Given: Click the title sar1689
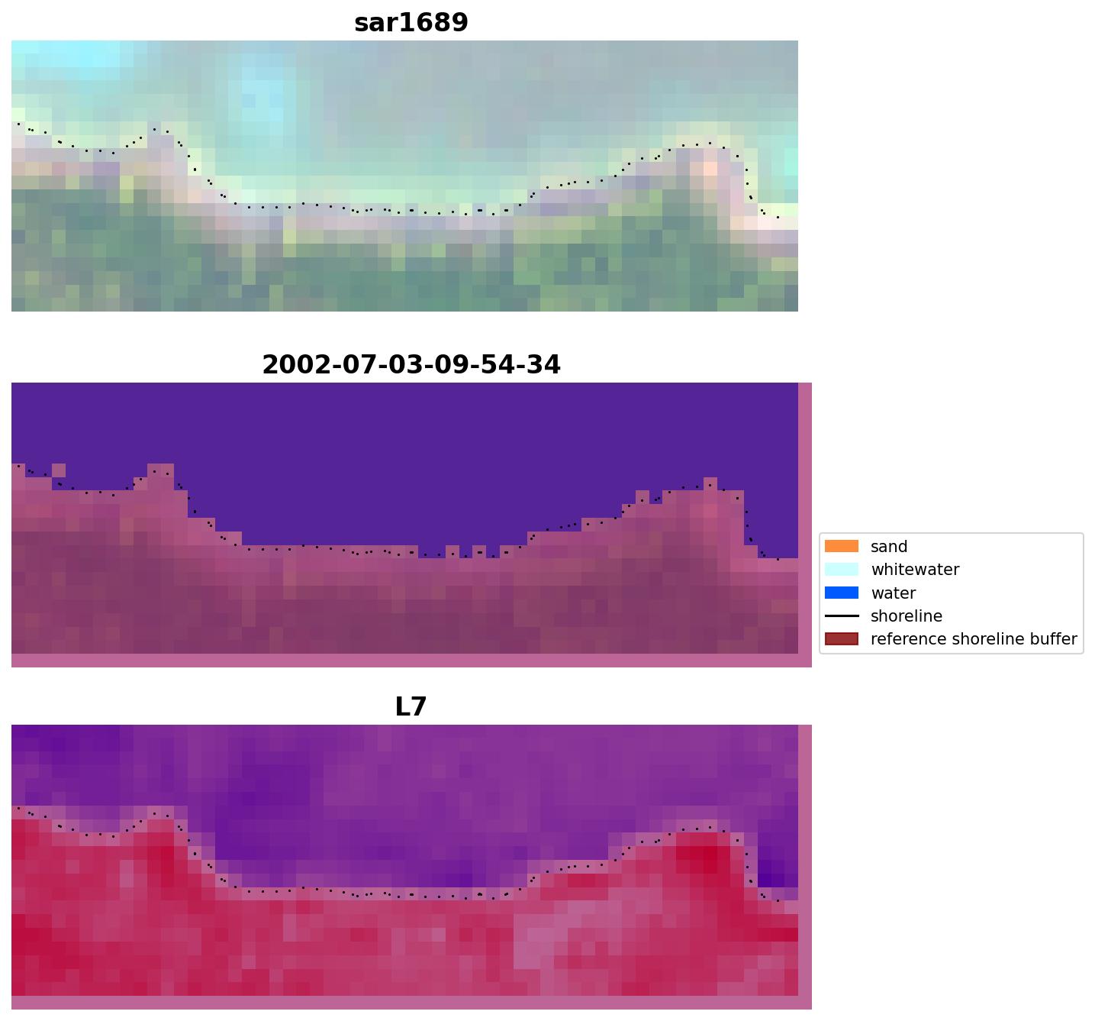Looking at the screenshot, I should [411, 23].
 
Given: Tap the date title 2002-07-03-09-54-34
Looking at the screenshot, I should [411, 365].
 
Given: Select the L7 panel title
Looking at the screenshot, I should [411, 707].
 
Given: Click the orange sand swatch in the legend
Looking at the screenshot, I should [841, 547].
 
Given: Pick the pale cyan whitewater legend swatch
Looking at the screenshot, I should [841, 570].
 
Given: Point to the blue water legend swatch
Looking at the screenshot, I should [841, 593].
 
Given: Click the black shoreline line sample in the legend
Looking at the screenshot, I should [841, 616].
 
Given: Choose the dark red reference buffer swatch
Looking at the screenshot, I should [841, 639].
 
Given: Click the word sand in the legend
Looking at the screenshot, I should [889, 547].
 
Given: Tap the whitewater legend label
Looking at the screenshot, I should [915, 570].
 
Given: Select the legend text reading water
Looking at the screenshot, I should [893, 593].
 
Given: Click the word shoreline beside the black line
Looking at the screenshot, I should [907, 616].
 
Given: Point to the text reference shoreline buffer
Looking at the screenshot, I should [974, 639].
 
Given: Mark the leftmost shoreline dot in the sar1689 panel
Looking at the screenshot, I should [18, 123].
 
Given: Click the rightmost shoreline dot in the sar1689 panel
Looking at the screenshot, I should [778, 217].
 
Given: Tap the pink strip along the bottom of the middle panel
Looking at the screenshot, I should [411, 661].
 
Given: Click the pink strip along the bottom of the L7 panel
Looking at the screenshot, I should [411, 1003].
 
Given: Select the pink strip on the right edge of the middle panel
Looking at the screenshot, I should [805, 519].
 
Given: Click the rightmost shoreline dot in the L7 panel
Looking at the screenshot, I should [778, 901].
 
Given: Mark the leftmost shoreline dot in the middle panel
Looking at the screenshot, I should [18, 465].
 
